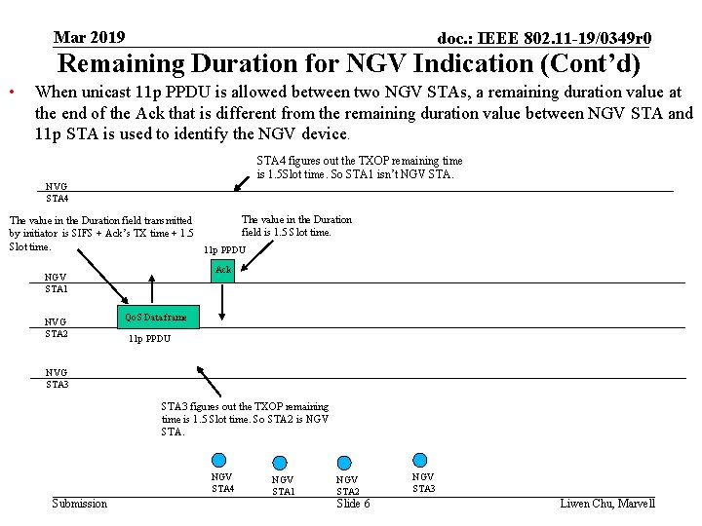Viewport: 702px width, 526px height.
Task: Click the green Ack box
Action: (223, 270)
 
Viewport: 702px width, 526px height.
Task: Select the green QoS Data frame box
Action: (154, 318)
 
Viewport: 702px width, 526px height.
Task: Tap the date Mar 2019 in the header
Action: (89, 38)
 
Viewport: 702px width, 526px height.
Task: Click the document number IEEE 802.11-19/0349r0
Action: (544, 39)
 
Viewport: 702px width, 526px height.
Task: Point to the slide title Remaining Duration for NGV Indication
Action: (350, 64)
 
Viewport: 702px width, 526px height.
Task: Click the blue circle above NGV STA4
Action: (219, 460)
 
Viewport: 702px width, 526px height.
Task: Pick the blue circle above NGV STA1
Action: (280, 463)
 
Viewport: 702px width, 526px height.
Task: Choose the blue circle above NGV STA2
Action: (343, 463)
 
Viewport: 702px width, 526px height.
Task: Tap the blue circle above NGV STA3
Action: (420, 460)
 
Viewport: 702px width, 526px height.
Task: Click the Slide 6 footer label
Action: (353, 504)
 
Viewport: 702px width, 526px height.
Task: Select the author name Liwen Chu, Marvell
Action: (607, 504)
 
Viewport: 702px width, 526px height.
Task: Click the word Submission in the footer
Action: (79, 504)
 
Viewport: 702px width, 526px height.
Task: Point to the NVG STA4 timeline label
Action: (57, 193)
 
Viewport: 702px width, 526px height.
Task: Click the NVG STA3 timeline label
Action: (57, 378)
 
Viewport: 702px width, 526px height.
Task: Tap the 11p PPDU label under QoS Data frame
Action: (149, 339)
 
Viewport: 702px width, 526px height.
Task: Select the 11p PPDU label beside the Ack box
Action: (224, 250)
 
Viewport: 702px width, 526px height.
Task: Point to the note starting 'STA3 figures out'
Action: (245, 419)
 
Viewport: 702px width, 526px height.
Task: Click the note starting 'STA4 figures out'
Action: (359, 168)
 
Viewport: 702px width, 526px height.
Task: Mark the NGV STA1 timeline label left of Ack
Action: (57, 282)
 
